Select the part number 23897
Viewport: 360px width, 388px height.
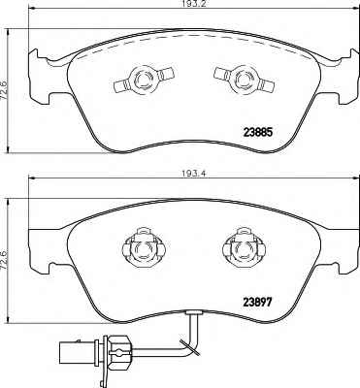257,303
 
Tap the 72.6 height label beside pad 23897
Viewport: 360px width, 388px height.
5,261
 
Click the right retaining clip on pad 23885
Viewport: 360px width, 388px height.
243,80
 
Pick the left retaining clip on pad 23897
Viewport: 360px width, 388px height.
144,248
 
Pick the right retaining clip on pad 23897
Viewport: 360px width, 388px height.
244,248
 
